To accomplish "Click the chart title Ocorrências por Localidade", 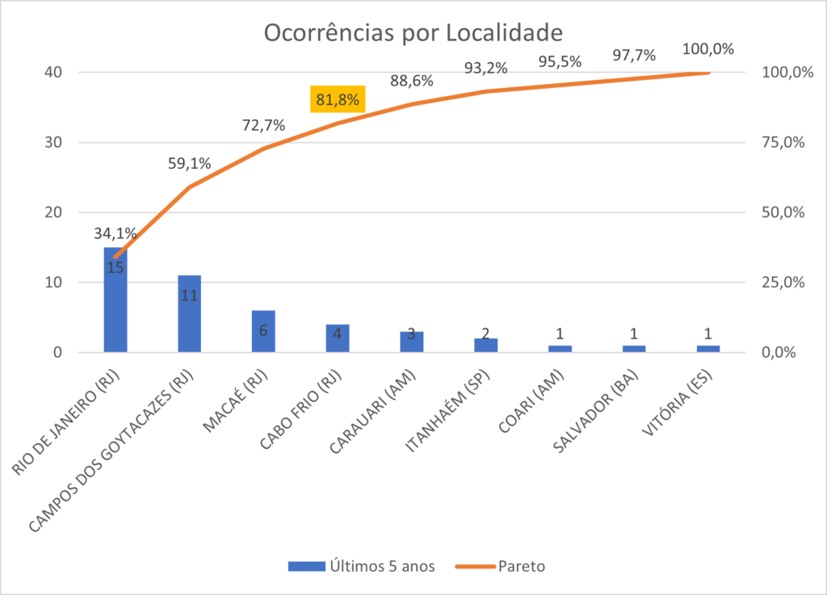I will (x=413, y=33).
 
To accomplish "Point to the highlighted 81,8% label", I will (x=338, y=100).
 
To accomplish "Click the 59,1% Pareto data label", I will (x=189, y=164).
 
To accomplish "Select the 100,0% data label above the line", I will (x=708, y=49).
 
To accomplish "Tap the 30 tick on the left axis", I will (x=53, y=142).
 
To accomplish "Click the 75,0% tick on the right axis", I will (x=784, y=142).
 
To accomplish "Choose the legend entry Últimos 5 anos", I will (x=362, y=566).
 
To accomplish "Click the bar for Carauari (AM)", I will (x=412, y=342).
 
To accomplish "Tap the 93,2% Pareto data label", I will (x=485, y=69).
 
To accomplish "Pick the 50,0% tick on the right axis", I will (x=784, y=212).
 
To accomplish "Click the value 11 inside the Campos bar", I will (x=189, y=296).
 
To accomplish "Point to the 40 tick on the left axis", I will (x=53, y=72).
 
